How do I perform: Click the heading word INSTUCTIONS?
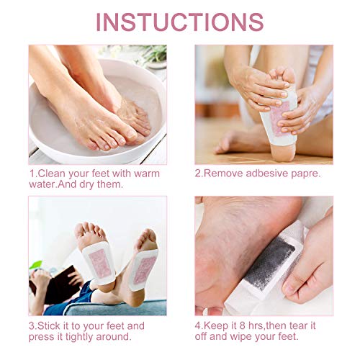179,21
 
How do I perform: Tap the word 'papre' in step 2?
306,174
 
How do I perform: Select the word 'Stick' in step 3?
50,325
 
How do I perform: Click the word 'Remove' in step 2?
223,174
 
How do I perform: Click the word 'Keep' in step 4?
219,325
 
